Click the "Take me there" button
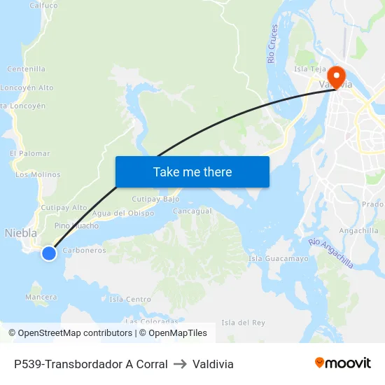(192, 171)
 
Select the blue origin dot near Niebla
(49, 253)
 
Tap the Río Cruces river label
(273, 43)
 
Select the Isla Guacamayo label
(279, 259)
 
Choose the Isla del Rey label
(243, 322)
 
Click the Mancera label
(41, 297)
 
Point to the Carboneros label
(84, 250)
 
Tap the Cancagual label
(192, 211)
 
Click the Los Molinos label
(38, 174)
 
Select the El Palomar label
(30, 153)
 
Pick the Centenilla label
(27, 69)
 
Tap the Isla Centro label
(130, 300)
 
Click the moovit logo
(343, 363)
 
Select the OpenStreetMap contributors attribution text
(70, 333)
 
